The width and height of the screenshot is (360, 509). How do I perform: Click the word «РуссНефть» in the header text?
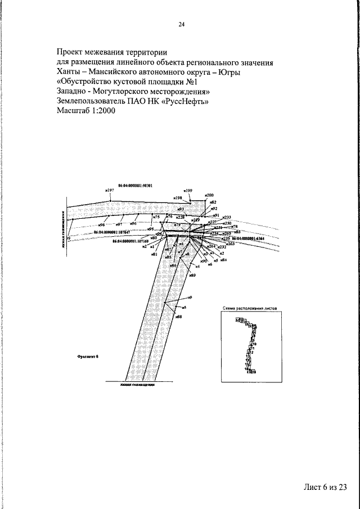tap(183, 101)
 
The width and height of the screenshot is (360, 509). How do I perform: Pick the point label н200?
tap(209, 195)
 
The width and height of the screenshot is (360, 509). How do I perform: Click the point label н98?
tap(102, 225)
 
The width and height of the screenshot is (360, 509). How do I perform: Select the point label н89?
tap(193, 275)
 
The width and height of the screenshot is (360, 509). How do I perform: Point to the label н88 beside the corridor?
tap(178, 317)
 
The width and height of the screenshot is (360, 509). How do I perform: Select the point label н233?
tap(227, 217)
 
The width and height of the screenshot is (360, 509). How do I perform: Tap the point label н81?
tap(154, 254)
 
